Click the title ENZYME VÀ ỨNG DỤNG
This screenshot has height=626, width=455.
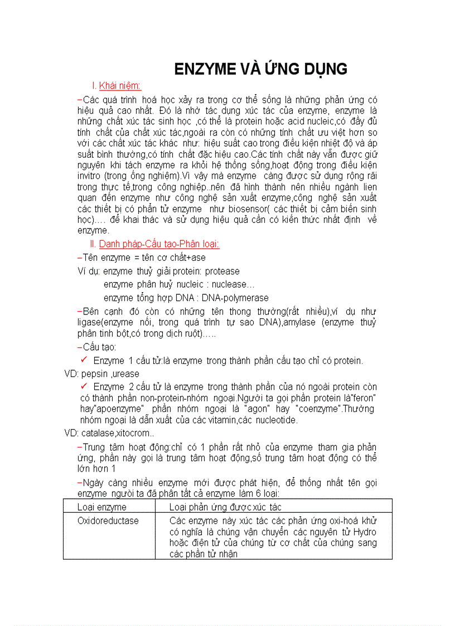tap(261, 69)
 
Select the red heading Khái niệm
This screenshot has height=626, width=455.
tap(120, 86)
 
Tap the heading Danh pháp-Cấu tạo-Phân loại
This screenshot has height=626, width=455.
tap(159, 244)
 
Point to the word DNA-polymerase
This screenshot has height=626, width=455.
tap(235, 298)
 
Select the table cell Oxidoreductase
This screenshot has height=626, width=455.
tap(108, 521)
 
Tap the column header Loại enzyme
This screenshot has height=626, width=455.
tap(102, 507)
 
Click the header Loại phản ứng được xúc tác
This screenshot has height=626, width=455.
tap(225, 507)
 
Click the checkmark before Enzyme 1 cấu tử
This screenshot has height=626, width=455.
tap(84, 360)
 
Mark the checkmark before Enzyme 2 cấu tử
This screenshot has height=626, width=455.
tap(84, 386)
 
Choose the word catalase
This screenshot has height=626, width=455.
tap(98, 433)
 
